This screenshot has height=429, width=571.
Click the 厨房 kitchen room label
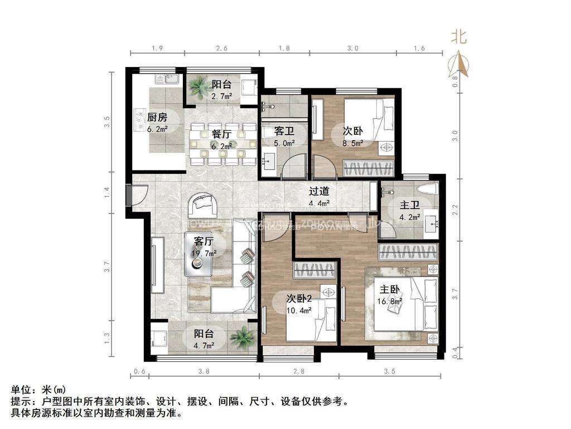pos(157,117)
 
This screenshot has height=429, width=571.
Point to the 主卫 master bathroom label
pos(410,204)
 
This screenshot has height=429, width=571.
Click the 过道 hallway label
pos(320,191)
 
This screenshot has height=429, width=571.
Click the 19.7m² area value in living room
pos(205,253)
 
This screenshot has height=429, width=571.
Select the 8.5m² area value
pos(352,143)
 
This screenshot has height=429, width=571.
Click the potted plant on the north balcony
pos(197,87)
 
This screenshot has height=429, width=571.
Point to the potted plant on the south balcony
pos(241,337)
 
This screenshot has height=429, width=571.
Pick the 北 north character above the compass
pos(459,37)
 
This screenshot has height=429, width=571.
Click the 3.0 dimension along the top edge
pos(352,49)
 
